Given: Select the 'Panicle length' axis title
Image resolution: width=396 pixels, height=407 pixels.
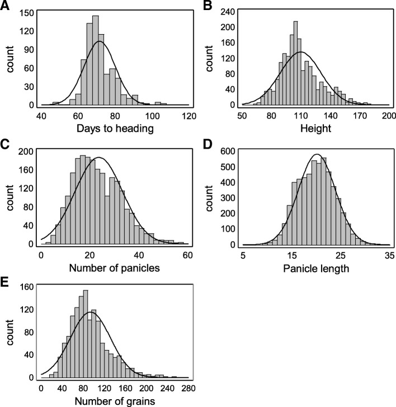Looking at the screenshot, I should click(x=316, y=268).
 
